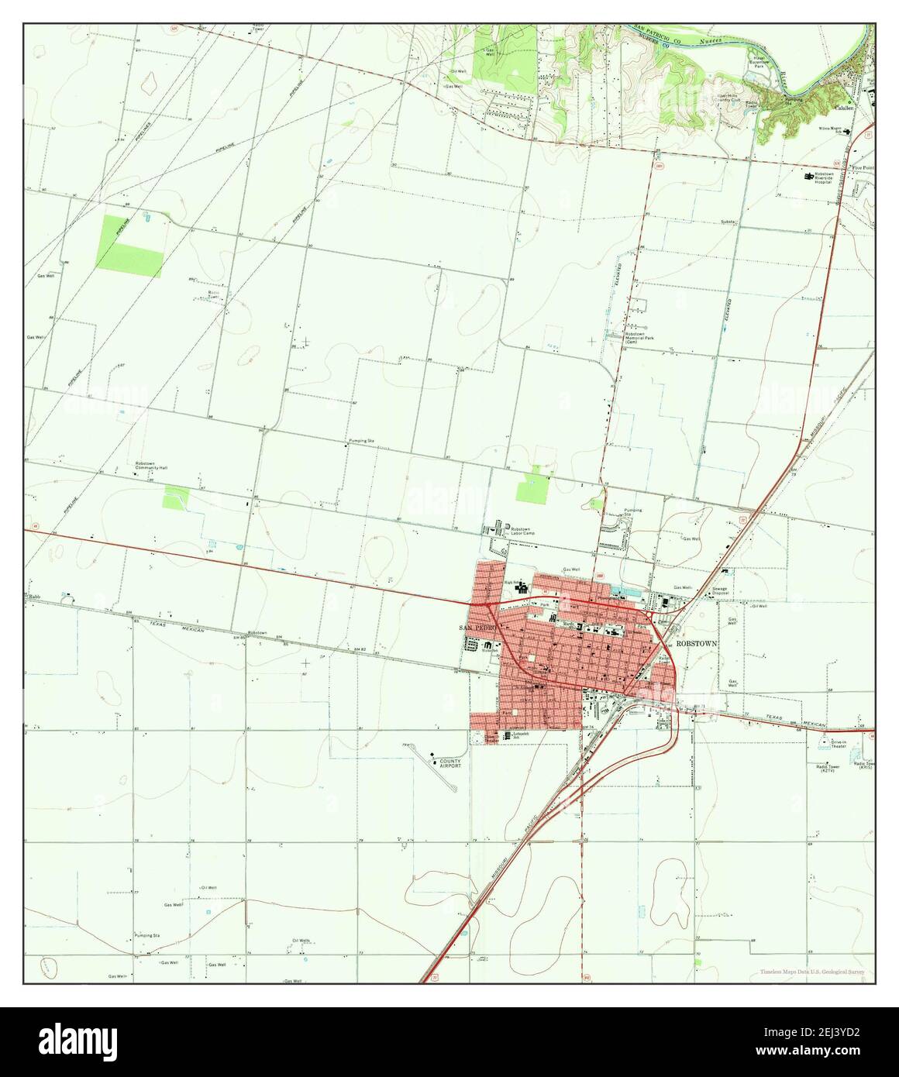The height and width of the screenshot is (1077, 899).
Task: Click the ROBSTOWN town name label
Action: pyautogui.click(x=697, y=643)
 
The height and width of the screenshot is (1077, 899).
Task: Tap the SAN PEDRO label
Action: pyautogui.click(x=475, y=627)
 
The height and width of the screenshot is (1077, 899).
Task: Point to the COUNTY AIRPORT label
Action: pyautogui.click(x=450, y=762)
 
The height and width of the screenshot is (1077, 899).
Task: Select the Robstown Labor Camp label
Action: pyautogui.click(x=522, y=531)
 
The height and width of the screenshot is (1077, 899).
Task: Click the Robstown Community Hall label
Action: pyautogui.click(x=151, y=466)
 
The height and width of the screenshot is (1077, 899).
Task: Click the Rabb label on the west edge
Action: pyautogui.click(x=34, y=597)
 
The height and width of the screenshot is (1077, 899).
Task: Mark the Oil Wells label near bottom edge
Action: pyautogui.click(x=301, y=941)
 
